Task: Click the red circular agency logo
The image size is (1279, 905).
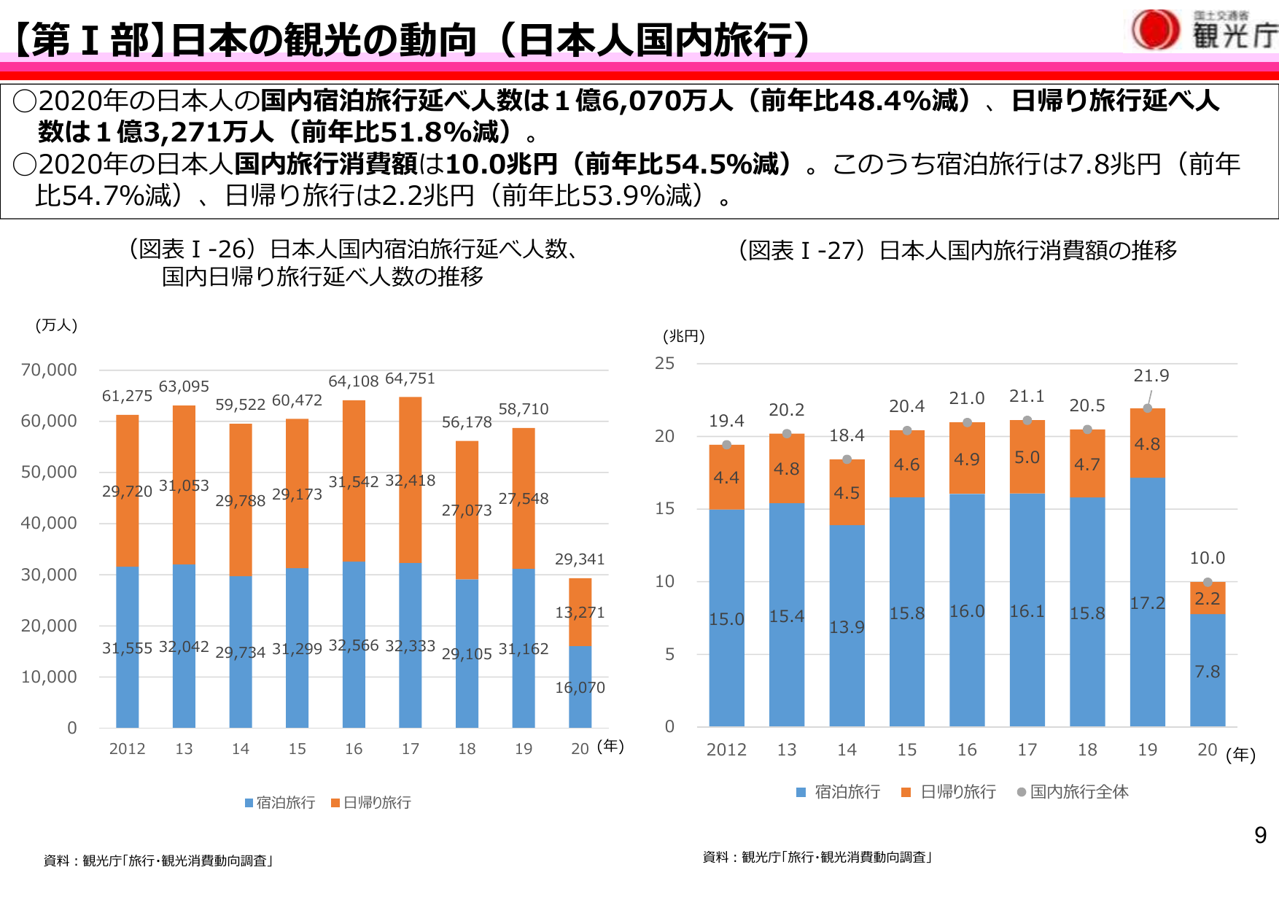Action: pos(1155,30)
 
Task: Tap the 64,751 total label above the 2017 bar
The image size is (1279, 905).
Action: pos(410,378)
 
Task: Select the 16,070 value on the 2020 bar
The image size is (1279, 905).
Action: pos(580,688)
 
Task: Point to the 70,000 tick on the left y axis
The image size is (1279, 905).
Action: pos(49,370)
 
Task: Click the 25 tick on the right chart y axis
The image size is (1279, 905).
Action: pos(664,363)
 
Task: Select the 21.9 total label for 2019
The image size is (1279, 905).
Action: pos(1151,376)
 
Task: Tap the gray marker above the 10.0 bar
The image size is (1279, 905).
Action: pos(1208,582)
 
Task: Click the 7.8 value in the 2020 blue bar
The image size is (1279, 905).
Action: pos(1207,672)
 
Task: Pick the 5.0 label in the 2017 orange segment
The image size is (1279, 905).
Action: pos(1027,457)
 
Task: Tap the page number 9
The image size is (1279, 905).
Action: pos(1260,835)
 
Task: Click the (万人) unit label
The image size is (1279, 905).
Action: pos(56,325)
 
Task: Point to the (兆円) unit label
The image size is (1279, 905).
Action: pos(683,336)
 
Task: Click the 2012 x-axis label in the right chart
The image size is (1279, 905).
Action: pos(726,750)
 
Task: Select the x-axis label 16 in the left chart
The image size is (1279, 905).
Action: pos(354,749)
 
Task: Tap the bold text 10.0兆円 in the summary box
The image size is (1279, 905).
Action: pos(502,164)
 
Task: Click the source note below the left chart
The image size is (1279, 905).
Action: pos(159,861)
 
